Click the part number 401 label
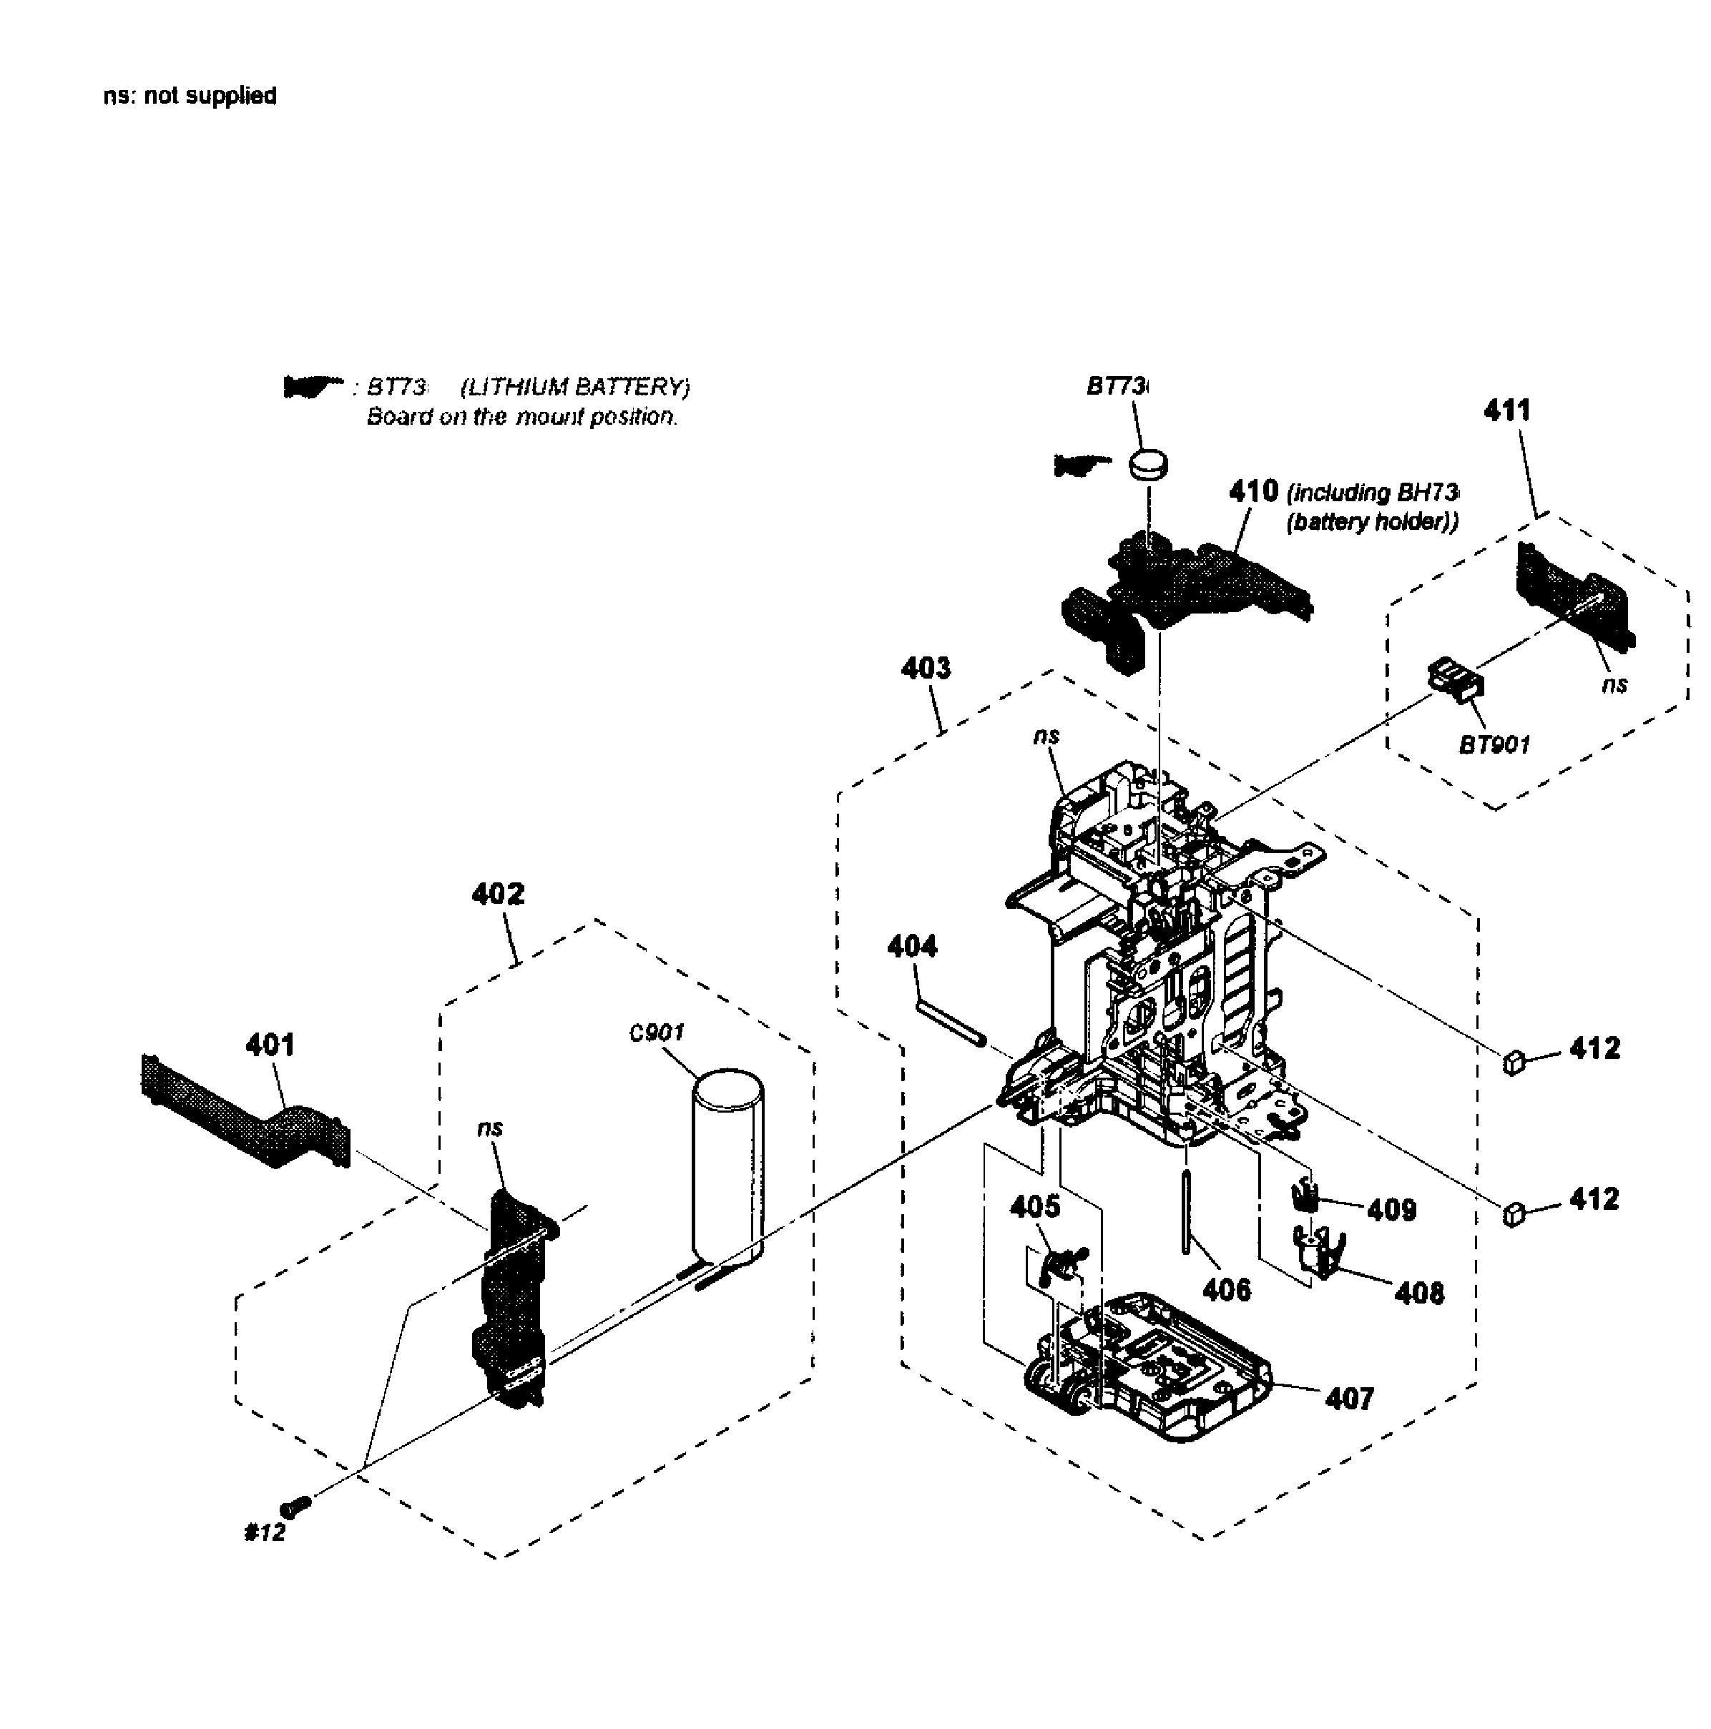pyautogui.click(x=270, y=1045)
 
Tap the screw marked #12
pyautogui.click(x=296, y=1506)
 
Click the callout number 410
pyautogui.click(x=1253, y=491)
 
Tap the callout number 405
pyautogui.click(x=1034, y=1206)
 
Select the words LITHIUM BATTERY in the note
pyautogui.click(x=575, y=388)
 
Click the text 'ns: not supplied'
pyautogui.click(x=190, y=96)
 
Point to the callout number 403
pyautogui.click(x=926, y=668)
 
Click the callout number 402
pyautogui.click(x=498, y=893)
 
